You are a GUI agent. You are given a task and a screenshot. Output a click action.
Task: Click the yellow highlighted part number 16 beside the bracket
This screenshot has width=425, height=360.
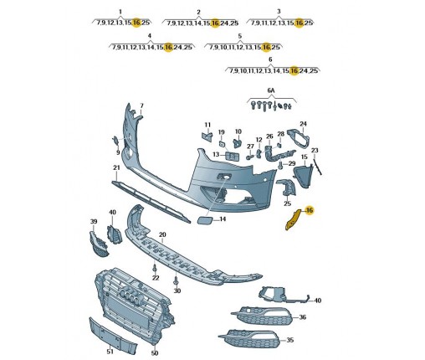click(310, 210)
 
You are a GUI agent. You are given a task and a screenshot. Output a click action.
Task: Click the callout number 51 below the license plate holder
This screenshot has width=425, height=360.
click(110, 352)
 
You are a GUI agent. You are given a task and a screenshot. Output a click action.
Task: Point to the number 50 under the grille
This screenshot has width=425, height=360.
click(155, 353)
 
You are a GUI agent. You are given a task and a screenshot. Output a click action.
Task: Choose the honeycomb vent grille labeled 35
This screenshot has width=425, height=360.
click(251, 339)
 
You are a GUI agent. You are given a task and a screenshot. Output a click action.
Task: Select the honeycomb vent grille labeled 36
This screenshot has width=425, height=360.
click(262, 316)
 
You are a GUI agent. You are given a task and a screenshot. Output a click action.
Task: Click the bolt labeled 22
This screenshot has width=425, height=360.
click(155, 267)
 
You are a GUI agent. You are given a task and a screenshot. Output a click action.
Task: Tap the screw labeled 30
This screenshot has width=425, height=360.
click(176, 280)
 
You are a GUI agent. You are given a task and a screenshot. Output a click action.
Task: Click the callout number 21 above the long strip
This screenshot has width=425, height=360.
click(116, 167)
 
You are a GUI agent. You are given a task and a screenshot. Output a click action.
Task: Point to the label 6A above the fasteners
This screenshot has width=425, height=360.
click(271, 90)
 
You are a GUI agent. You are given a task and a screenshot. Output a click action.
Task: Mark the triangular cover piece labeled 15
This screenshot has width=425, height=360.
click(303, 174)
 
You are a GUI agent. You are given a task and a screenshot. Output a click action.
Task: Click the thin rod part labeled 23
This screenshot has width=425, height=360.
click(317, 165)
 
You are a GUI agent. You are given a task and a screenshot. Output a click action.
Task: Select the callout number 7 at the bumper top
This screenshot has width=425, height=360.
click(141, 105)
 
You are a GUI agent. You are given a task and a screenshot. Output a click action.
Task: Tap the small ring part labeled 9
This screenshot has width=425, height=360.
click(115, 141)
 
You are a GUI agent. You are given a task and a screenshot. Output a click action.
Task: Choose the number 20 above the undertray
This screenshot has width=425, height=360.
click(162, 235)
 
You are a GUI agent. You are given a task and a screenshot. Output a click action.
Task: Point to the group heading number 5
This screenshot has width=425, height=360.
click(240, 36)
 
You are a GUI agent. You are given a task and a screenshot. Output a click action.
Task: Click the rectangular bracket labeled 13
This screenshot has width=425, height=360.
click(233, 156)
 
